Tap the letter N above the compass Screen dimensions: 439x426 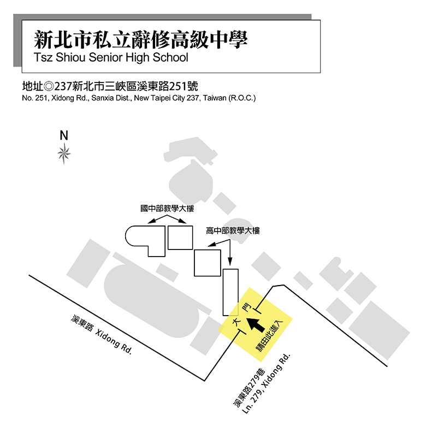pos(64,135)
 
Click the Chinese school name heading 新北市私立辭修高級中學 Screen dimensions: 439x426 pos(141,39)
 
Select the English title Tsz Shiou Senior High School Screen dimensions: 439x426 pos(110,57)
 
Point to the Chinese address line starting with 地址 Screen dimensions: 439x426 pos(109,86)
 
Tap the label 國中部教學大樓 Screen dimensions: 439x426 pos(167,209)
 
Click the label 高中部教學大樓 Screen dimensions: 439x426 pos(233,231)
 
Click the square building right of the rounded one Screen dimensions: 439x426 pos(180,237)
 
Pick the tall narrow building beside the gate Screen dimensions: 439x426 pos(231,292)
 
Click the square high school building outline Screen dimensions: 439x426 pos(208,262)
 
